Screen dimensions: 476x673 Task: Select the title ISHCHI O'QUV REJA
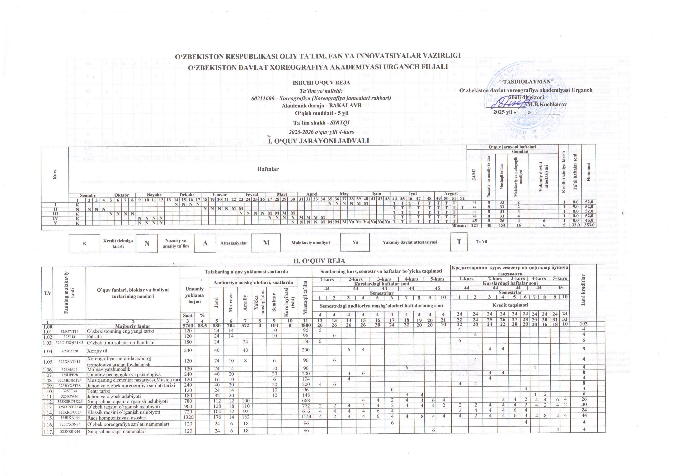coord(321,83)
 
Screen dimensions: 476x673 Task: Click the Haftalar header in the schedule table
coord(268,169)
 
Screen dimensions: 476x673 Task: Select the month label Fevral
coord(252,194)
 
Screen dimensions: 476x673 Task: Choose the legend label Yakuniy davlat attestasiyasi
coord(410,242)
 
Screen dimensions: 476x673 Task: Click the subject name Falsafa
coord(94,337)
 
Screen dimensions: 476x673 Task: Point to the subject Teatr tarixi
coord(99,391)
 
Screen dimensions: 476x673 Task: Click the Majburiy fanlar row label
coord(133,326)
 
